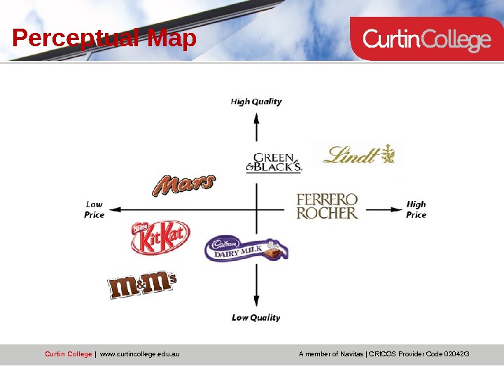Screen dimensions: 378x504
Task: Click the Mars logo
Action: coord(183,185)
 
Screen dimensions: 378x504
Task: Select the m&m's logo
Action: coord(142,286)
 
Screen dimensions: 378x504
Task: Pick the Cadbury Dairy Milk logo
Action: coord(246,248)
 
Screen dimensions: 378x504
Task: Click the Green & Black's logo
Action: coord(274,162)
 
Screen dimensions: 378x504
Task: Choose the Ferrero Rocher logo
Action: coord(328,206)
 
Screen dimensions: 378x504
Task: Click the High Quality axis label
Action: coord(256,101)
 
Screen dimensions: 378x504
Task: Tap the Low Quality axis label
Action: coord(256,318)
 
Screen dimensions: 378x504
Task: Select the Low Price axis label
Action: coord(94,209)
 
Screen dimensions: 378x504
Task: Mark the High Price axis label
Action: coord(416,209)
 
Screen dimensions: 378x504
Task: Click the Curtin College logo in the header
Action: coord(426,41)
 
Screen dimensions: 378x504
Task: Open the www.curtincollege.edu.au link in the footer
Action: coord(140,354)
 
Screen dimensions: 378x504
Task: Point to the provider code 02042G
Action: coord(454,354)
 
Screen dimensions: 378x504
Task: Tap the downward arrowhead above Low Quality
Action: coord(257,301)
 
